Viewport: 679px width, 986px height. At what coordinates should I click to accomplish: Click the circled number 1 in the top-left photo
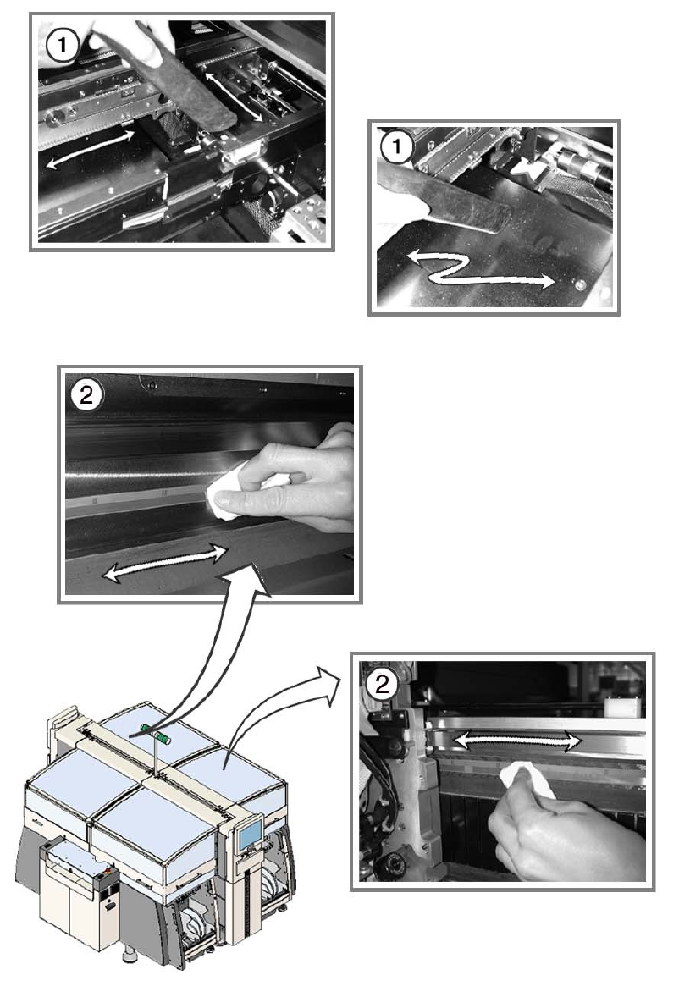(x=63, y=45)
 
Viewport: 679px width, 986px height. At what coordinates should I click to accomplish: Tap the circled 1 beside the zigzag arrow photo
(x=396, y=148)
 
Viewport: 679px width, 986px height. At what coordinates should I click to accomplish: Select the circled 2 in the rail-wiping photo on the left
(x=86, y=395)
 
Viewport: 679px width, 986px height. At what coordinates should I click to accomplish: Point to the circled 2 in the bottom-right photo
(x=382, y=684)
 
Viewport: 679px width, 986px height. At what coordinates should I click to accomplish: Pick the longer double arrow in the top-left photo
(x=91, y=148)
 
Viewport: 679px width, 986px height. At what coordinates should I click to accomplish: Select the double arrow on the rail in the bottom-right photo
(x=517, y=741)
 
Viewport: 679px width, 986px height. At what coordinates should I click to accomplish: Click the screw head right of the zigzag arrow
(x=581, y=285)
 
